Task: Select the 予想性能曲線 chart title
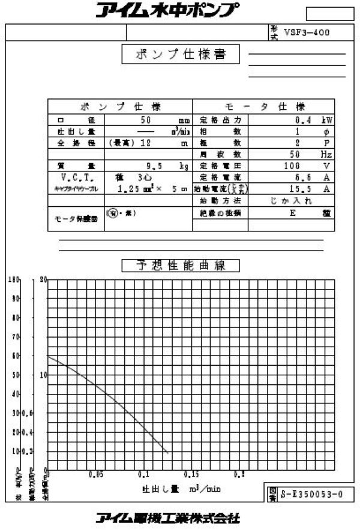[x=180, y=266]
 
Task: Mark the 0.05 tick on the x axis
[x=95, y=474]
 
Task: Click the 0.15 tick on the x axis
[x=191, y=474]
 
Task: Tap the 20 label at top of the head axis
[x=43, y=280]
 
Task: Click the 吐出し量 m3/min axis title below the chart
[x=181, y=489]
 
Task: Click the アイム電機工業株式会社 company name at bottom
[x=168, y=517]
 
